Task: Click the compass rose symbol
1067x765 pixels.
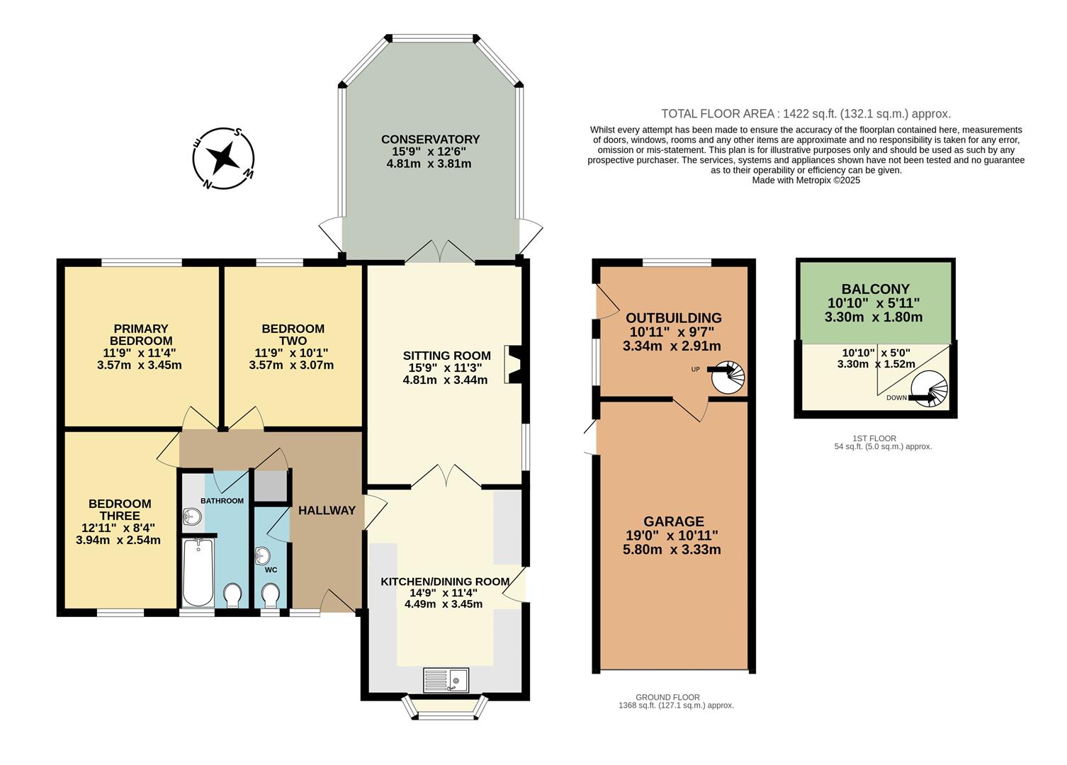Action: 223,159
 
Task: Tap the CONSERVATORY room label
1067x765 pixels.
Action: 430,140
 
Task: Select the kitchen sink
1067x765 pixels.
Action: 446,680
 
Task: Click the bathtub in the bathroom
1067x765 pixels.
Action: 198,572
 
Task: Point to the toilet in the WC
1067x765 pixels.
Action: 271,595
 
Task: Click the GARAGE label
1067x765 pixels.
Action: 673,521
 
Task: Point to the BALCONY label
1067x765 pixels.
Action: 875,289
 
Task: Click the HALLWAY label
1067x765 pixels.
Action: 327,510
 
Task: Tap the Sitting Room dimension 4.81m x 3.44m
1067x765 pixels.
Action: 445,380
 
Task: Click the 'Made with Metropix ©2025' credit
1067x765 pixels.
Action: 806,181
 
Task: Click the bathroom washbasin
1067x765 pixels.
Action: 191,517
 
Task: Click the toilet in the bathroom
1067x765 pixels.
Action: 232,594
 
